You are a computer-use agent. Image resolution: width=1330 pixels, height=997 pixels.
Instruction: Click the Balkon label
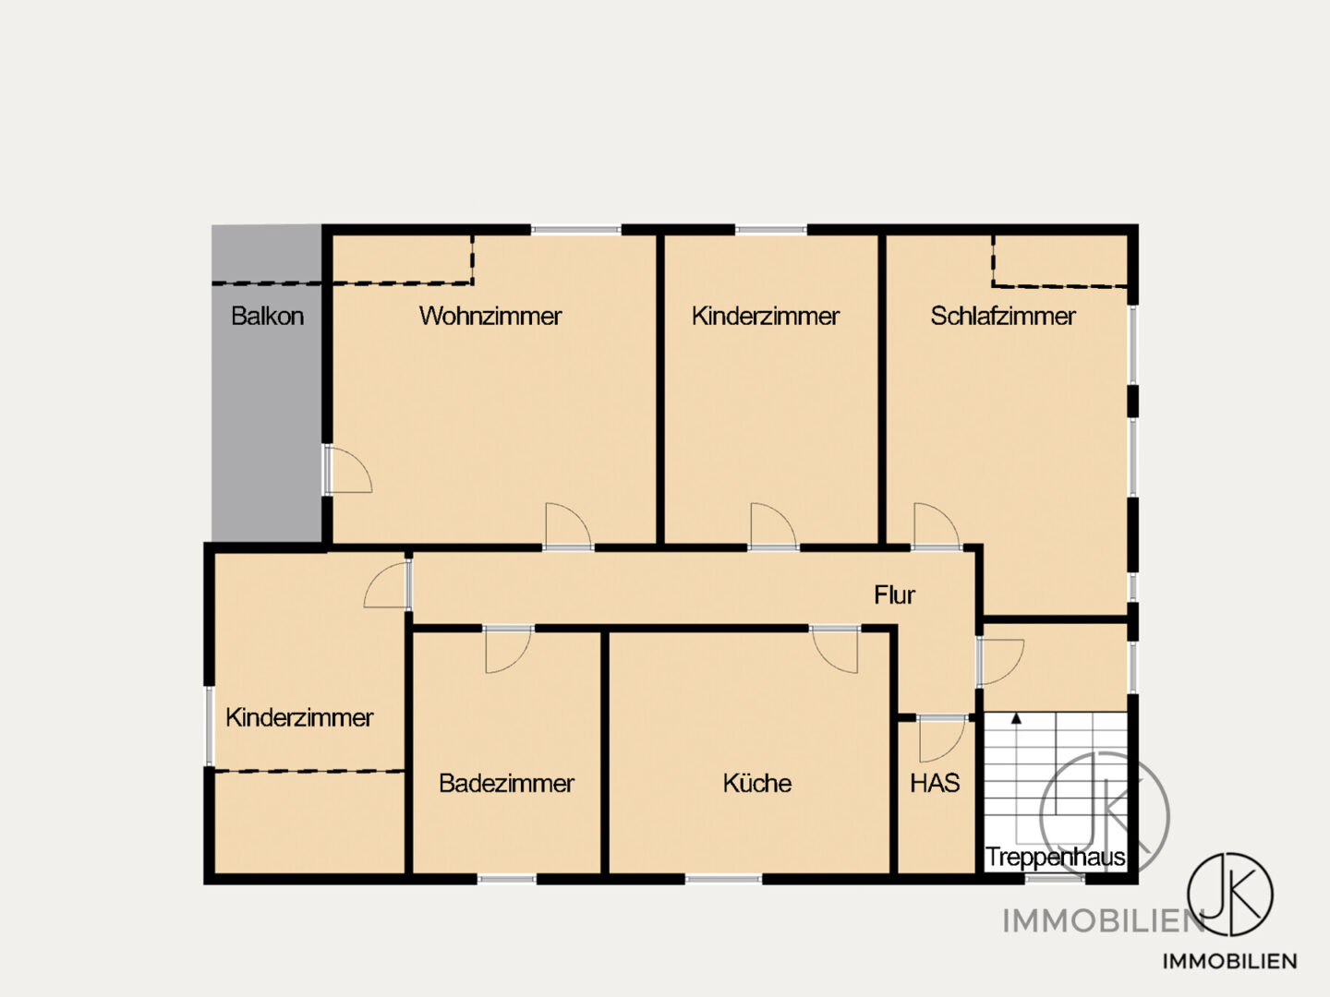pos(267,316)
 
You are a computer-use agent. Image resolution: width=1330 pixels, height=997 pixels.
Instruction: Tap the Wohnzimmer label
pos(490,316)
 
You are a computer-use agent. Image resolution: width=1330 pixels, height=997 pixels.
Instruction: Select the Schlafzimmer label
pos(1003,316)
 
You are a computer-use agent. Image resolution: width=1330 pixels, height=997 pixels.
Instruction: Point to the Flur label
pos(894,595)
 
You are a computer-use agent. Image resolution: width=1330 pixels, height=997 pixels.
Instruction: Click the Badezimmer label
pos(506,784)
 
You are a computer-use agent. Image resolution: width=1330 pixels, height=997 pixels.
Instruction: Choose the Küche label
pos(756,784)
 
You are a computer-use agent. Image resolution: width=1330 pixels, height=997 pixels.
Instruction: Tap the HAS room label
pos(935,784)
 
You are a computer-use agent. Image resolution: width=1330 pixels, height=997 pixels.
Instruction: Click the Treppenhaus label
pos(1056,858)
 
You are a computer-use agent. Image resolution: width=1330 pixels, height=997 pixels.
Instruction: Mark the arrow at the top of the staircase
pos(1016,718)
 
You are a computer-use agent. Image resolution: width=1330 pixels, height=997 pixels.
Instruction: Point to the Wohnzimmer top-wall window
pos(576,230)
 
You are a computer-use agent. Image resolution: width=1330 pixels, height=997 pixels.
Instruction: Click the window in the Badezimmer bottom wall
pos(507,879)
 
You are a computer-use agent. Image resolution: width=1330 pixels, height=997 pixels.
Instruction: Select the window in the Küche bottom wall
pos(723,879)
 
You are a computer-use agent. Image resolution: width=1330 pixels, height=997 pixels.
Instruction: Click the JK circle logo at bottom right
pos(1230,895)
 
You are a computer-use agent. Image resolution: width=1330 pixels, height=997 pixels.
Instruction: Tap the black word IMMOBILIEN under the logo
pos(1229,961)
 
